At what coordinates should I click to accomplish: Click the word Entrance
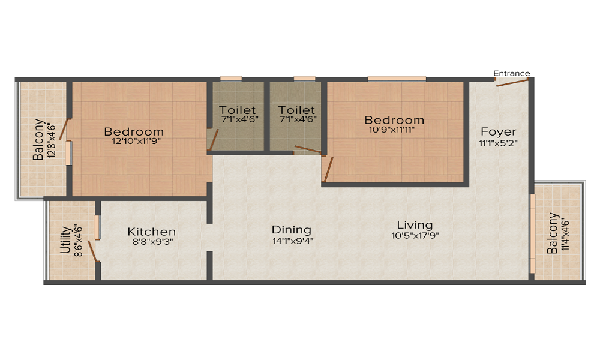point(511,73)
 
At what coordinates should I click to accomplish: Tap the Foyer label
point(498,131)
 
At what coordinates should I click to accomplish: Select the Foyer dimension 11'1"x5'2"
point(498,143)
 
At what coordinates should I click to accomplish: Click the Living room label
point(415,225)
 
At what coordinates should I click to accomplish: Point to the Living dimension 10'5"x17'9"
point(415,235)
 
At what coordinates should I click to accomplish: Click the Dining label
point(292,230)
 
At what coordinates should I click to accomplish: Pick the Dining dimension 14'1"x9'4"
point(292,240)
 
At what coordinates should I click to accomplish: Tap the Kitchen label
point(152,232)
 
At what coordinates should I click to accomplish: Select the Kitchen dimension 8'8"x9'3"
point(152,242)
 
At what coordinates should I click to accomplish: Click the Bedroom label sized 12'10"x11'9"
point(134,131)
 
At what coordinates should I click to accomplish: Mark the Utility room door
point(92,251)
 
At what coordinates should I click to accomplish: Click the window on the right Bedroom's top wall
point(397,79)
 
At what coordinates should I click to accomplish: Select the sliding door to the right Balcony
point(531,233)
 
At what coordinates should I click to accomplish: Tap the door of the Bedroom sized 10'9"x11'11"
point(327,169)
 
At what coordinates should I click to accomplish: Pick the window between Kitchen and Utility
point(97,227)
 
